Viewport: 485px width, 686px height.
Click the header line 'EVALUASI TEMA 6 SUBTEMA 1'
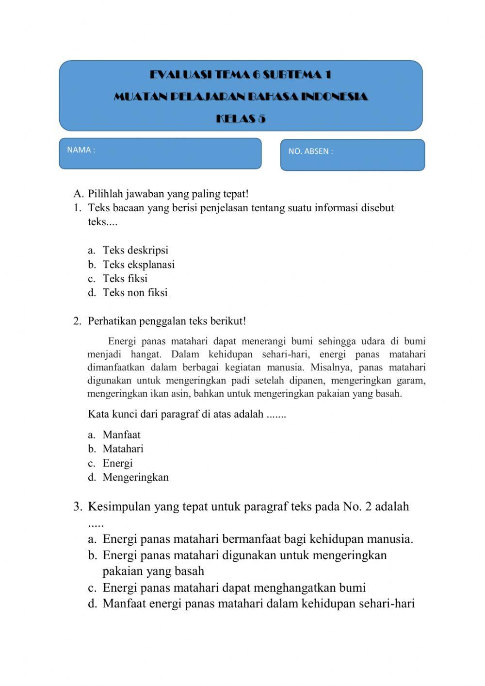point(241,75)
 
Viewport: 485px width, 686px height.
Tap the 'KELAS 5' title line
point(241,119)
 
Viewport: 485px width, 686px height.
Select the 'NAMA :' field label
point(81,150)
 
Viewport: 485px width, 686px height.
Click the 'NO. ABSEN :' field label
point(310,151)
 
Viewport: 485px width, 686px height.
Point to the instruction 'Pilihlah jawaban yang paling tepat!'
point(168,194)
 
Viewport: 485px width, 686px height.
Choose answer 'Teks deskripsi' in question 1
point(135,251)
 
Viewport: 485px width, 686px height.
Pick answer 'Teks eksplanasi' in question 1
point(138,265)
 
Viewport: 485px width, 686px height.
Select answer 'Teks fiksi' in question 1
point(125,279)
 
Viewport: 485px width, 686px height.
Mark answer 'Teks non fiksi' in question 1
point(135,293)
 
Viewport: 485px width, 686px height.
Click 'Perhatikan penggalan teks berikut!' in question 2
point(167,321)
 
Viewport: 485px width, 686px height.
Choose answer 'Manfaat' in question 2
point(121,435)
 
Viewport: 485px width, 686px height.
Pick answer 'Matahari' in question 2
point(123,449)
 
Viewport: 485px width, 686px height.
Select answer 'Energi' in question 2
point(117,463)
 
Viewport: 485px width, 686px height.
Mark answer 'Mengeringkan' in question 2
point(135,477)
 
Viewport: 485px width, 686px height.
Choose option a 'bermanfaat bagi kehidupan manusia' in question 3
point(258,539)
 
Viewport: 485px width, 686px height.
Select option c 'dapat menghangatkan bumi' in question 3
point(234,588)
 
